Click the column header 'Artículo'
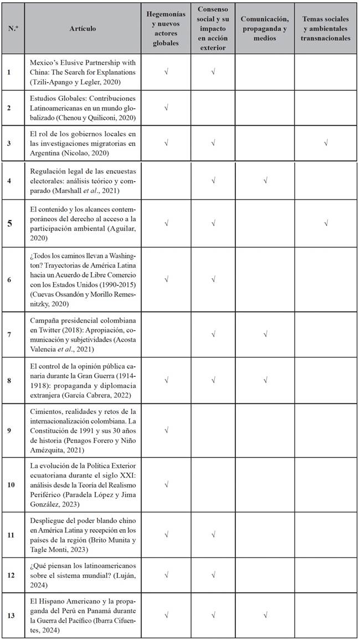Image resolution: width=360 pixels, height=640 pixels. point(83,29)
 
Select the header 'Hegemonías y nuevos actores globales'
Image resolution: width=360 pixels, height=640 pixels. point(166,29)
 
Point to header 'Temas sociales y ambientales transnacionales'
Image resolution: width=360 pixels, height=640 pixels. point(326,29)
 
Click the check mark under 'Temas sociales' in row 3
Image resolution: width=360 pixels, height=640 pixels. point(326,143)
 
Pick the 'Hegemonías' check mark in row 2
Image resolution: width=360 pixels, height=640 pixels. point(166,107)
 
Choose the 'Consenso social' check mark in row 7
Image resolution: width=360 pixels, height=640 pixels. point(214,334)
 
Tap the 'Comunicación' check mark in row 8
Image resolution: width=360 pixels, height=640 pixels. point(265,380)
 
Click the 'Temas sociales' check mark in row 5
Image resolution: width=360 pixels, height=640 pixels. point(326,223)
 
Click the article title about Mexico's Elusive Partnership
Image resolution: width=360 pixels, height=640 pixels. point(83,72)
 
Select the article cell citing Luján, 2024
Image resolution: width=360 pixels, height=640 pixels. point(83,575)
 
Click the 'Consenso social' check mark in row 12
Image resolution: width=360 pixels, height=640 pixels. point(214,575)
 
